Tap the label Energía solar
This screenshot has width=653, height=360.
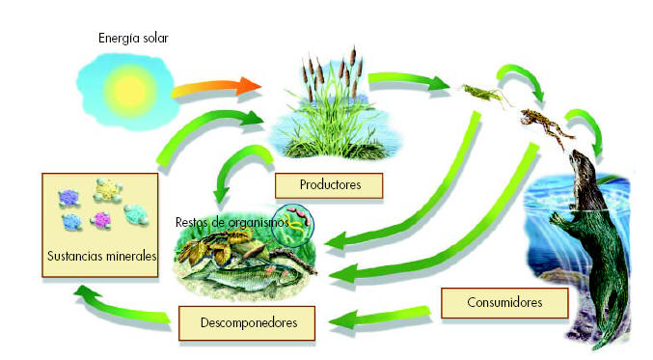click(134, 39)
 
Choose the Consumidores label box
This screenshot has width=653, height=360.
click(504, 303)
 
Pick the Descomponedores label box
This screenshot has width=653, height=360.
click(247, 320)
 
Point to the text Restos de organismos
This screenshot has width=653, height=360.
click(231, 222)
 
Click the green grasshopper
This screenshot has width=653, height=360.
click(476, 92)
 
